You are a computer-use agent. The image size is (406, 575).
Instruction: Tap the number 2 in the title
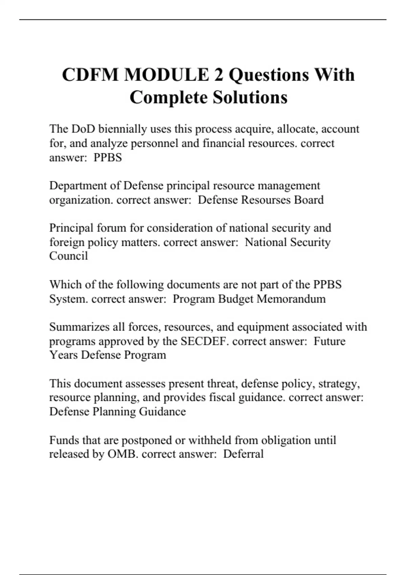219,75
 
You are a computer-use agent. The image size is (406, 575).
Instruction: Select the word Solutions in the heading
250,97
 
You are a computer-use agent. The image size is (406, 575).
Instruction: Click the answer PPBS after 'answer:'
108,158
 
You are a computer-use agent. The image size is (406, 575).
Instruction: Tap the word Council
69,256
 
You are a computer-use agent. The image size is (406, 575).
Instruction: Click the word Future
330,341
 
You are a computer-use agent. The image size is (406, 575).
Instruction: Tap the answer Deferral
243,454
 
